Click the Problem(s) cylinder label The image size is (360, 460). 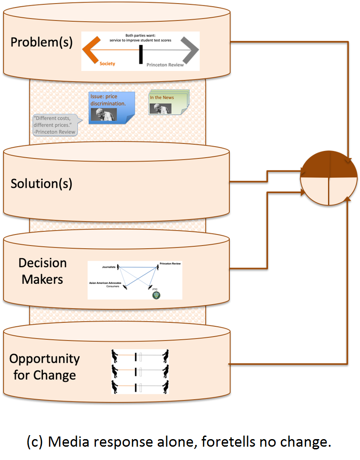coord(41,43)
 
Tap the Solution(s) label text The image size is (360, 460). coord(41,183)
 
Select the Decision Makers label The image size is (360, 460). coord(42,271)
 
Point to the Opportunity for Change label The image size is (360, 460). coord(44,366)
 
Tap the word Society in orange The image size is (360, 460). coord(107,64)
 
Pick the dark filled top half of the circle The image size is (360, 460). coord(329,164)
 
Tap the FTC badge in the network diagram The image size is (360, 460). coord(156,294)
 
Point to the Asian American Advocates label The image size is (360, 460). coord(107,283)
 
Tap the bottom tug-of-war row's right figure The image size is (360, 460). coord(165,386)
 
